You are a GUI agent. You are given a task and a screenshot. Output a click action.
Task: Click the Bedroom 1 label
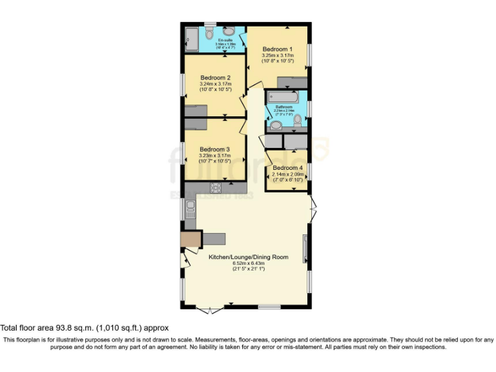point(278,49)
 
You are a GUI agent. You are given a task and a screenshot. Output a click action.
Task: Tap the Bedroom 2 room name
point(215,77)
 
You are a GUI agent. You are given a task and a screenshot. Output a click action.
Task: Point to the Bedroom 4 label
point(287,167)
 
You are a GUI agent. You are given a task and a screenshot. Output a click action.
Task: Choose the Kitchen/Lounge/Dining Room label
point(248,257)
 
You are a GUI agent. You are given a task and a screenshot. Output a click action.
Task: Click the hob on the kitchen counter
point(216,188)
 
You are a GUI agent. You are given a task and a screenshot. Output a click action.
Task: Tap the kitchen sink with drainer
point(191,207)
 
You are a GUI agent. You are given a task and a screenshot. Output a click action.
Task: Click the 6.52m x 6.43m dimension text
point(248,263)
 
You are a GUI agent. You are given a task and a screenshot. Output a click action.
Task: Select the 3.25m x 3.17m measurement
point(278,56)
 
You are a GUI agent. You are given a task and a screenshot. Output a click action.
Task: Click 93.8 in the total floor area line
point(59,328)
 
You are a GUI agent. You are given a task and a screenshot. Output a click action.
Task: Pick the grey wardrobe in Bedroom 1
point(293,82)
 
